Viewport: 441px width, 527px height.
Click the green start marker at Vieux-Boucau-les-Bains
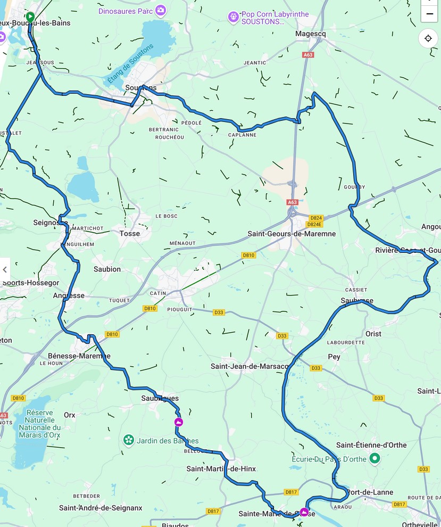pyautogui.click(x=30, y=17)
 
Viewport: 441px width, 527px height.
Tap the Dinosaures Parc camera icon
pyautogui.click(x=161, y=10)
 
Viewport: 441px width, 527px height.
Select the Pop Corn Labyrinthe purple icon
pyautogui.click(x=233, y=18)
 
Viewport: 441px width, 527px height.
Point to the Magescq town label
pyautogui.click(x=310, y=34)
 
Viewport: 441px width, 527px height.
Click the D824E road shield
pyautogui.click(x=316, y=224)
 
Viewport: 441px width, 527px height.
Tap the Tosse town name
pyautogui.click(x=130, y=233)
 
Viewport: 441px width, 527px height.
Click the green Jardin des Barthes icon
pyautogui.click(x=128, y=440)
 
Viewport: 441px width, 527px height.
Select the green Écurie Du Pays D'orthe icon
pyautogui.click(x=375, y=458)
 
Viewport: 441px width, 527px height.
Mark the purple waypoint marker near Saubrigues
pyautogui.click(x=179, y=422)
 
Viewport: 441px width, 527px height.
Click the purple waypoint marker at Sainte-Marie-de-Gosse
pyautogui.click(x=304, y=512)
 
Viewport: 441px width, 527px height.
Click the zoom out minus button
pyautogui.click(x=429, y=13)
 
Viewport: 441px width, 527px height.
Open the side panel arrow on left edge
pyautogui.click(x=5, y=269)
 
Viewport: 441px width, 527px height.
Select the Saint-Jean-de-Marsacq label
pyautogui.click(x=249, y=366)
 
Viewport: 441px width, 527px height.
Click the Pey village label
pyautogui.click(x=334, y=357)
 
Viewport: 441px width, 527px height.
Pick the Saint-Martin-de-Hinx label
pyautogui.click(x=221, y=469)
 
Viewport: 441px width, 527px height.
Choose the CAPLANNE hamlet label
pyautogui.click(x=242, y=135)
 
